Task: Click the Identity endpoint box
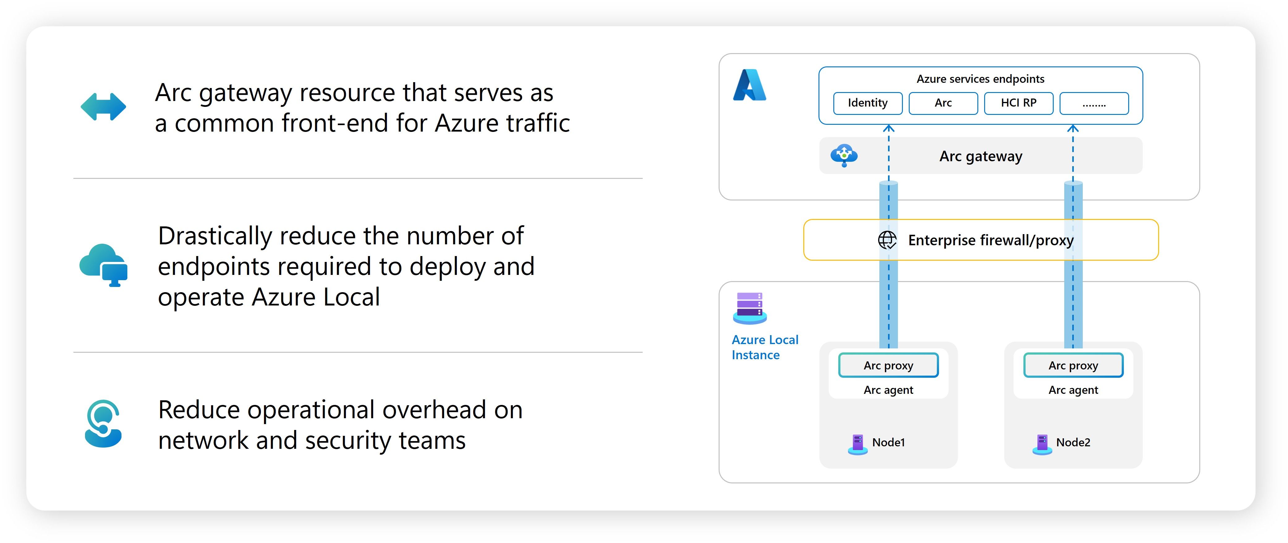tap(868, 103)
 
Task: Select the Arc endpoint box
tap(943, 103)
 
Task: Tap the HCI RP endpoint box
tap(1018, 103)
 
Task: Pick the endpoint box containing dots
tap(1094, 103)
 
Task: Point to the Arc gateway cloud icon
tap(844, 155)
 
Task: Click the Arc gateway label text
tap(980, 156)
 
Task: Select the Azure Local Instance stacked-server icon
tap(750, 307)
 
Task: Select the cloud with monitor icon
tap(104, 265)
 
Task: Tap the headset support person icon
tap(104, 423)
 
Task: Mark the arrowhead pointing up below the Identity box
tap(889, 128)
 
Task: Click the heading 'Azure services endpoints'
tap(980, 79)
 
